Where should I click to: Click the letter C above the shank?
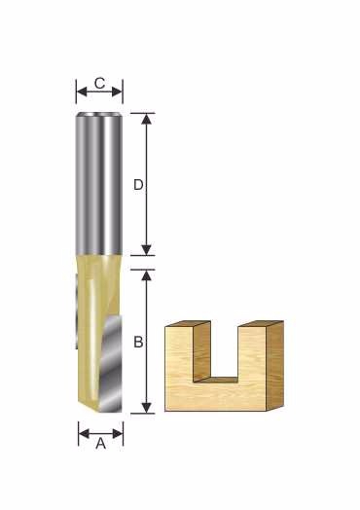click(x=100, y=84)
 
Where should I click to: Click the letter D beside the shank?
click(x=138, y=185)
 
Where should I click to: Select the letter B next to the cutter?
click(x=138, y=342)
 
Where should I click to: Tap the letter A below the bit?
click(x=101, y=443)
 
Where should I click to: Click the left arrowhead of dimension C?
click(x=83, y=91)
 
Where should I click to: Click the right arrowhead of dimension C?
click(x=117, y=91)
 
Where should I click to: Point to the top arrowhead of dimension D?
click(x=147, y=119)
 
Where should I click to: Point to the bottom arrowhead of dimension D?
click(x=147, y=250)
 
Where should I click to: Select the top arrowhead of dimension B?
click(x=147, y=275)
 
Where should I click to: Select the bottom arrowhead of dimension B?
click(x=147, y=408)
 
